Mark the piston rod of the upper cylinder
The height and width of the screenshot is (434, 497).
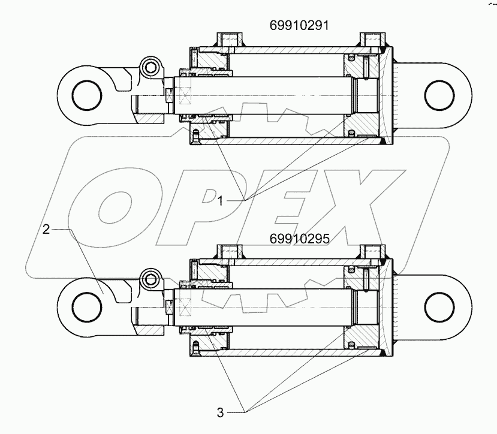tap(270, 94)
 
